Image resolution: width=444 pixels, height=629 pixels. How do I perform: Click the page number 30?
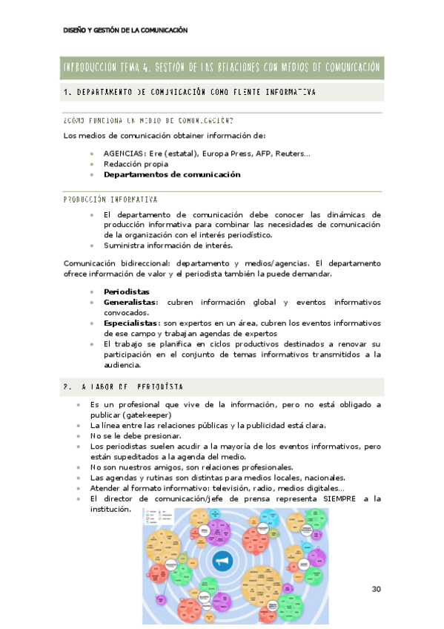click(x=376, y=589)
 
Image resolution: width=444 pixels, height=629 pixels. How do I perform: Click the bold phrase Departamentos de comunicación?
click(x=172, y=174)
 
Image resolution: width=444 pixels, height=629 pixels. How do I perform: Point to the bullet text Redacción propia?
click(x=136, y=164)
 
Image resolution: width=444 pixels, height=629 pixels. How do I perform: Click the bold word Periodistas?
click(x=127, y=292)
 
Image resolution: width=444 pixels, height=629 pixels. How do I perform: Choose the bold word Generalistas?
click(x=130, y=302)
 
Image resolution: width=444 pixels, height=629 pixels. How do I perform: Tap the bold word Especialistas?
click(x=132, y=323)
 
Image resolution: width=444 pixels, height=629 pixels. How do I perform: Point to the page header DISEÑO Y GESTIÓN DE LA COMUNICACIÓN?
click(x=125, y=30)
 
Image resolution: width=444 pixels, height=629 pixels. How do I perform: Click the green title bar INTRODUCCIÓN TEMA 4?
click(x=222, y=67)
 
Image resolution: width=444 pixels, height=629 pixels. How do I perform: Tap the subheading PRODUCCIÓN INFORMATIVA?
click(x=110, y=200)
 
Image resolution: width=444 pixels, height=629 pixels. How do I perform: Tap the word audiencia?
click(x=123, y=364)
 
